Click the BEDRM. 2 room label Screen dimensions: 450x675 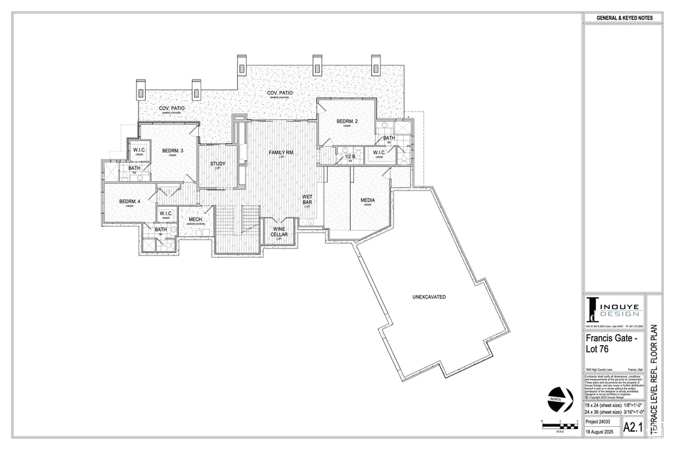(347, 121)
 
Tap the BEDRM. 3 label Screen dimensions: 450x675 (173, 151)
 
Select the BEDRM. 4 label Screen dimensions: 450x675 (130, 201)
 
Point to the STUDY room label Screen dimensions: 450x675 (218, 163)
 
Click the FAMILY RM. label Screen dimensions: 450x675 (281, 153)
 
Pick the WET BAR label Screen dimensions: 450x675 (307, 199)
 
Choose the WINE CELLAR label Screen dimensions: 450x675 (279, 231)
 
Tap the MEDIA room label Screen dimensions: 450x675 (368, 200)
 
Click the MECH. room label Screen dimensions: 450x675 (195, 219)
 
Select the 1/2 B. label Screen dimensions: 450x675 (350, 156)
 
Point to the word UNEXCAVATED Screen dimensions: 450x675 (428, 297)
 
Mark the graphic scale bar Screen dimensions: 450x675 (559, 425)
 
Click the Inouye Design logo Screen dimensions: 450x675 (612, 309)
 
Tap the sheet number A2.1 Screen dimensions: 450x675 (632, 427)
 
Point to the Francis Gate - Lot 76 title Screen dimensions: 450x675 (611, 343)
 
